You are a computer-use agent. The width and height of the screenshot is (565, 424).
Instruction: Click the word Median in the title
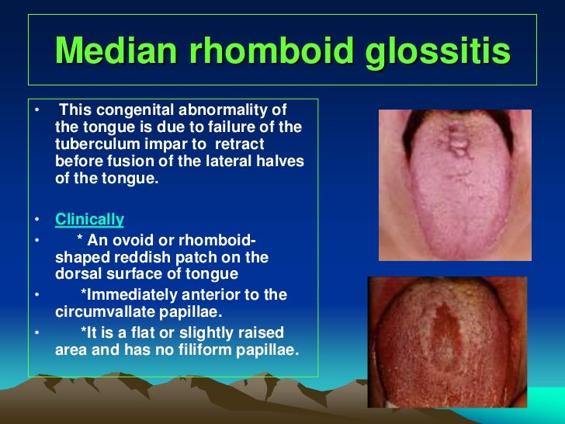(116, 50)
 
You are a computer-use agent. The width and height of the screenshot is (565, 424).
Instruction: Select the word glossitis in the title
(438, 52)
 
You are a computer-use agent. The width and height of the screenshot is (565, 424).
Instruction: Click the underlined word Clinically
(89, 220)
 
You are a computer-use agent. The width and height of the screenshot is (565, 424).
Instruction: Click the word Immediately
(132, 295)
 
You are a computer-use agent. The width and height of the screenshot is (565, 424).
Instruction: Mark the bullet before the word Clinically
(37, 220)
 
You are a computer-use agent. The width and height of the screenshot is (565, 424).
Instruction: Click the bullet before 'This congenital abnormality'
(37, 109)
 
